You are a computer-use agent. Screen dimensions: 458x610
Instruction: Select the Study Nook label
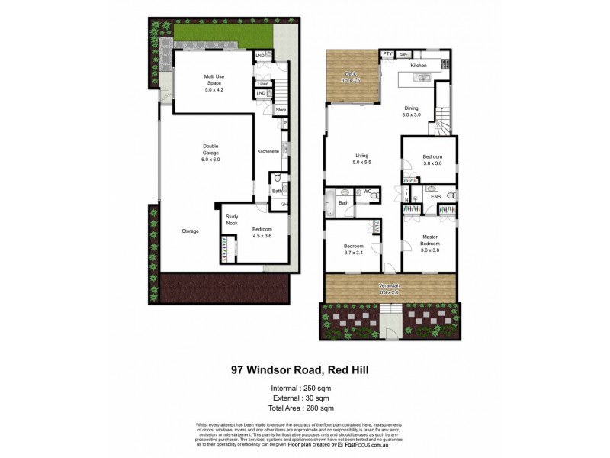point(232,220)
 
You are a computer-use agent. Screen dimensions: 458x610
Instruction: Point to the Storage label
point(191,231)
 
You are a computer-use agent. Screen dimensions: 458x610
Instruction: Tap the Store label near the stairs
point(281,110)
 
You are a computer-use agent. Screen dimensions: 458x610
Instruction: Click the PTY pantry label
point(387,54)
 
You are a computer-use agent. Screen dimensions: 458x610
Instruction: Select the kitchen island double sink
point(424,77)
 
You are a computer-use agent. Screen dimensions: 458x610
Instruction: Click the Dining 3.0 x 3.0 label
point(412,111)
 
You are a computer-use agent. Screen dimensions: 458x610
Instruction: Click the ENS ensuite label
point(435,197)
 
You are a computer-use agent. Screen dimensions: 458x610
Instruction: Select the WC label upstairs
point(367,191)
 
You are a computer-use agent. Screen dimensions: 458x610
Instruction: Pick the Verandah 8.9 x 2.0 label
point(390,289)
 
